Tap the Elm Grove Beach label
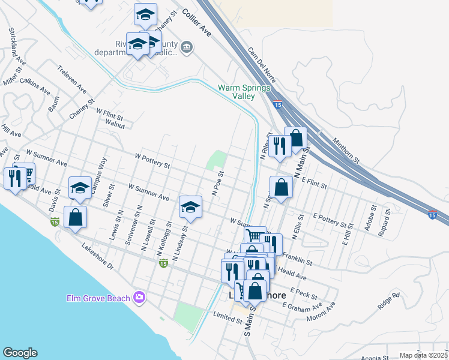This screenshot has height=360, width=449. [100, 298]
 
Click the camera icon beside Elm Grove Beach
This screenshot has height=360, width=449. [140, 297]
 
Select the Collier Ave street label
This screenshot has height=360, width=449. [197, 23]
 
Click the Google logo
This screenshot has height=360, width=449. [20, 353]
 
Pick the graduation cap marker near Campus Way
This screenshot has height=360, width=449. [80, 187]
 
